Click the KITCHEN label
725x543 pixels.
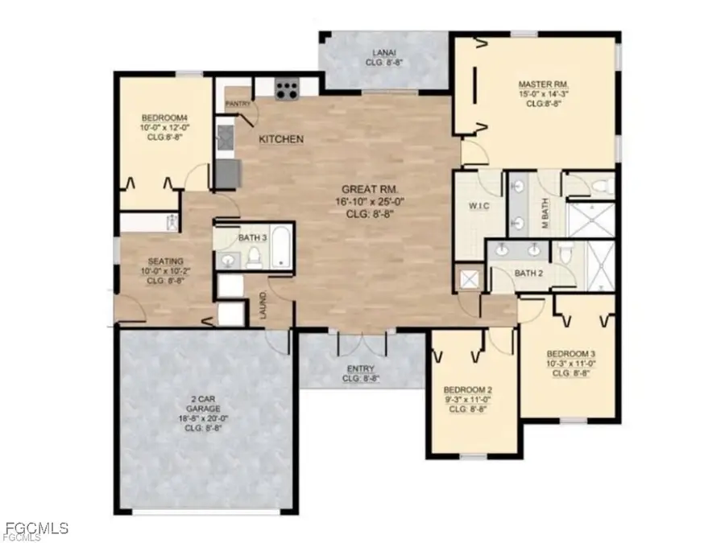[281, 140]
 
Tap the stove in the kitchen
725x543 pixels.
[286, 88]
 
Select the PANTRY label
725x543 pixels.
[238, 104]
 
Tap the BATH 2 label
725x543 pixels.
[528, 274]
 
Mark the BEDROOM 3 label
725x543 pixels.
[570, 354]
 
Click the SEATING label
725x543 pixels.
[166, 261]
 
